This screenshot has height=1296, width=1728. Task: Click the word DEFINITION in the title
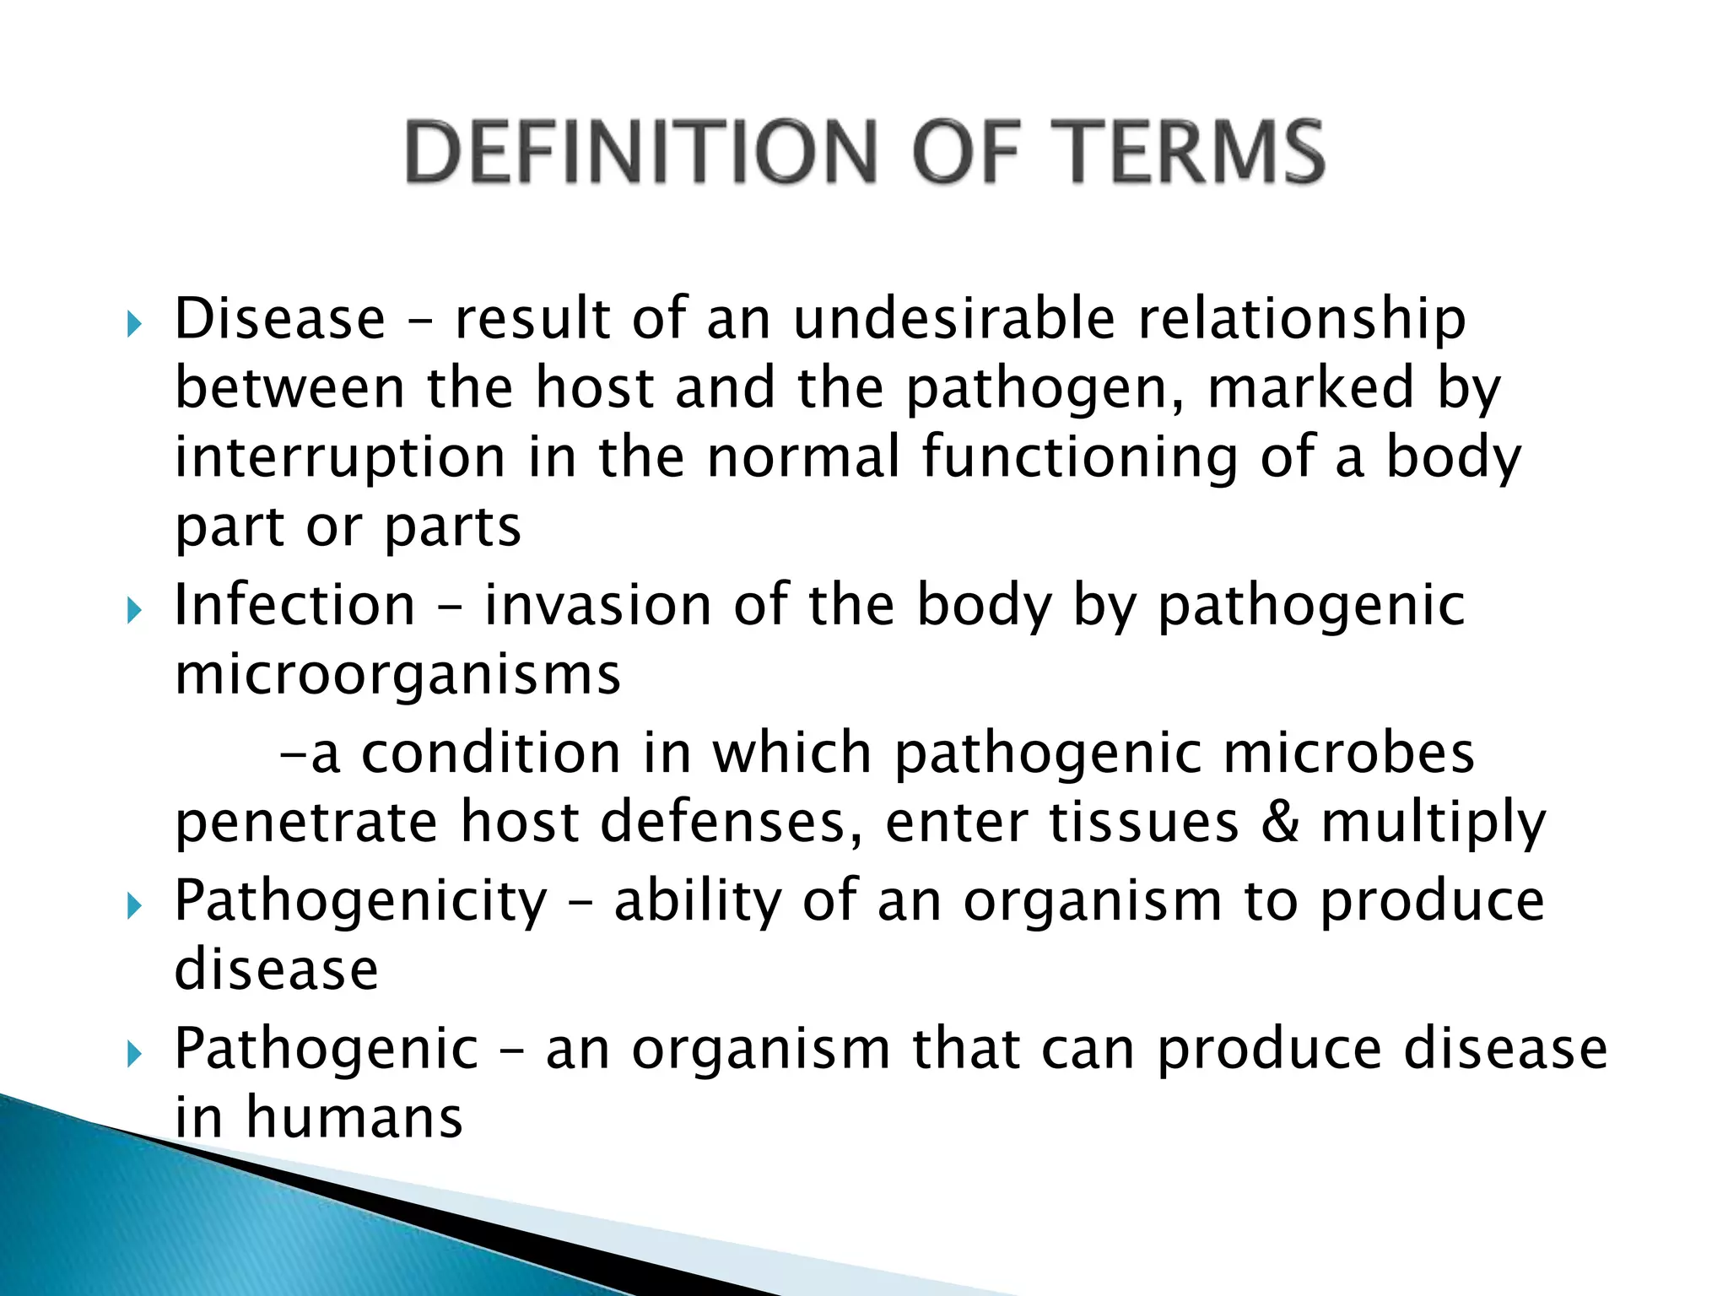pos(641,152)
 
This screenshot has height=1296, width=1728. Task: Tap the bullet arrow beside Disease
pos(134,323)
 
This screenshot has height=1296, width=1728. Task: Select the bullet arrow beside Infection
pos(134,609)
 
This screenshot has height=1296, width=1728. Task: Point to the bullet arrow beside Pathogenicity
pos(134,906)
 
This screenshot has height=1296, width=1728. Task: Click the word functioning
pos(1079,458)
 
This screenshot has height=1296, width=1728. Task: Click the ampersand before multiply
pos(1280,822)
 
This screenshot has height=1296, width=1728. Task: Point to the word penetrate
pos(306,823)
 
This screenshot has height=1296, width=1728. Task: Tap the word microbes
pos(1348,753)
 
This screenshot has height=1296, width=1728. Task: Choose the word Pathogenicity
pos(361,903)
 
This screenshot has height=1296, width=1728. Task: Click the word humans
pos(354,1118)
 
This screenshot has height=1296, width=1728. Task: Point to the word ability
pos(698,901)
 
